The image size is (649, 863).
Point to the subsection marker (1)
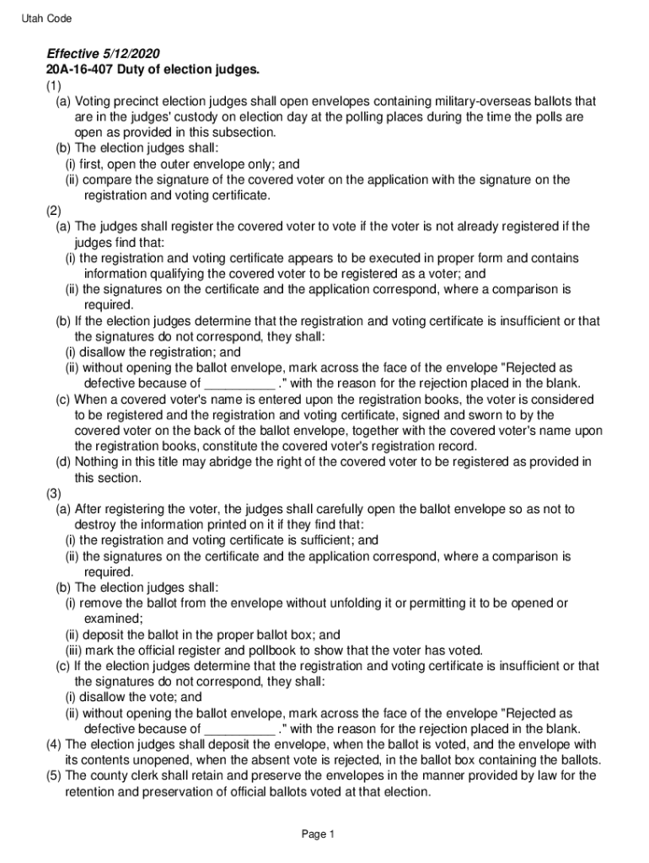[54, 85]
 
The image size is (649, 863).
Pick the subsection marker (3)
[54, 494]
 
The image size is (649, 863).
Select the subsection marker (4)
[54, 744]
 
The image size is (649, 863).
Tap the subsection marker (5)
[54, 775]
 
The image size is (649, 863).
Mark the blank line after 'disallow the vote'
[239, 730]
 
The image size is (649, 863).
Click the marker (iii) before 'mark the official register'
[77, 650]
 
